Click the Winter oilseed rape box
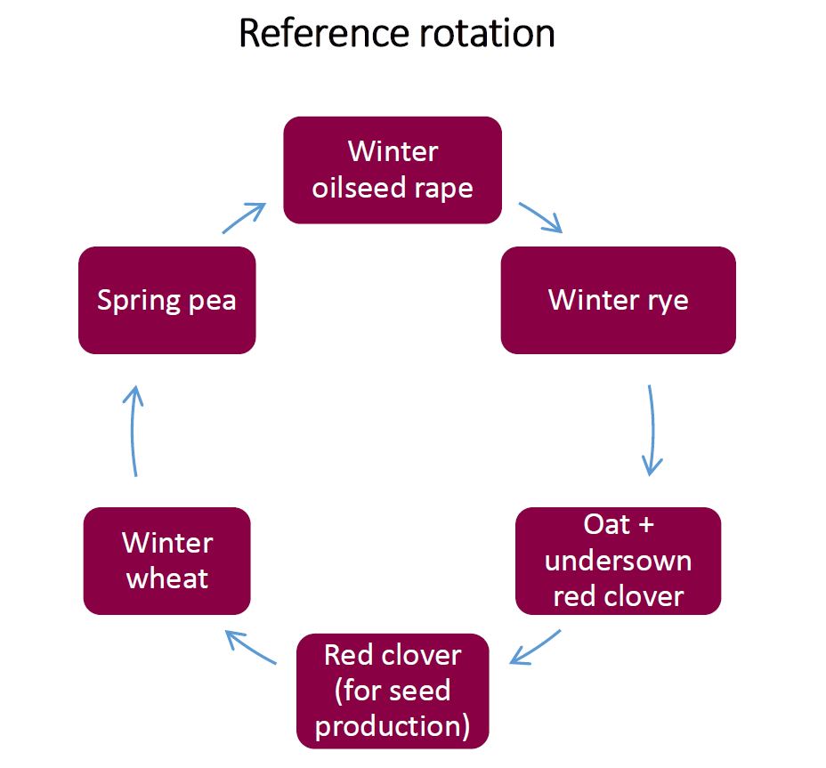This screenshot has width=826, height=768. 393,169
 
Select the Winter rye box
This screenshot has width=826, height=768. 618,300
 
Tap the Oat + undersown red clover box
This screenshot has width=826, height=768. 618,561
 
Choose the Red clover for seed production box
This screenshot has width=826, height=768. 393,691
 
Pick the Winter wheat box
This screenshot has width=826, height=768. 167,561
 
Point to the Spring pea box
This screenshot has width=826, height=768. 167,300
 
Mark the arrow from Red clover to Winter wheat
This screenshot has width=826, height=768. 250,647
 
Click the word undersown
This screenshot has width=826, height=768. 618,561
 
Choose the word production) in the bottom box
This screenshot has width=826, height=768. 393,726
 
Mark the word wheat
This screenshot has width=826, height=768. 167,578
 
